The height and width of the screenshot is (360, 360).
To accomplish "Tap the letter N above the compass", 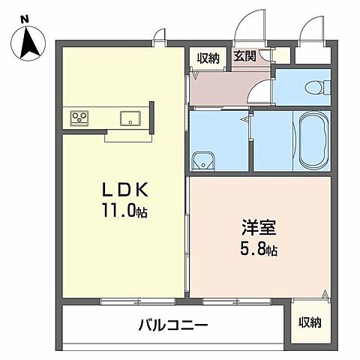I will (x=25, y=19).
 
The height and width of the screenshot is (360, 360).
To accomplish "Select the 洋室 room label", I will (x=257, y=224).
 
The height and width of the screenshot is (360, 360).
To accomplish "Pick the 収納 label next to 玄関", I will (x=208, y=57).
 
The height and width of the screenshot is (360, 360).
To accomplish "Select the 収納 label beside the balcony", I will (x=309, y=322).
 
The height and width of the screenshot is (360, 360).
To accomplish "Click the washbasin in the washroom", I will (x=203, y=158).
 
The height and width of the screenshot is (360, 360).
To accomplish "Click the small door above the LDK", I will (x=159, y=34).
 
